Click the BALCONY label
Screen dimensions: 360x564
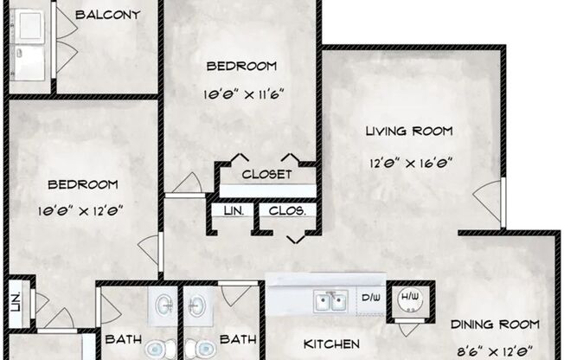tap(108, 15)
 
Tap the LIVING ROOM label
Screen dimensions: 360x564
tap(409, 132)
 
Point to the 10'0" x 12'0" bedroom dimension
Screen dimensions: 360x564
tap(83, 208)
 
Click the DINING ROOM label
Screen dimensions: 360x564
tap(495, 325)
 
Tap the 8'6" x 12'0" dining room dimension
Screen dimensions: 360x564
tap(495, 350)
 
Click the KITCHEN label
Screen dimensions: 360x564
tap(332, 344)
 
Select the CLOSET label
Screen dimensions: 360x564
tap(266, 174)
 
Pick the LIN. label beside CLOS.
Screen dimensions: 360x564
tap(233, 210)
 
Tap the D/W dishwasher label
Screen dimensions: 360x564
tap(370, 299)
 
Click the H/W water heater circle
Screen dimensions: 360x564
tap(409, 299)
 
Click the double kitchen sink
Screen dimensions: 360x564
tap(330, 300)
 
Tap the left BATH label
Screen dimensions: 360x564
tap(123, 340)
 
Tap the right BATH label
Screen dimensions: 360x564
tap(236, 340)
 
